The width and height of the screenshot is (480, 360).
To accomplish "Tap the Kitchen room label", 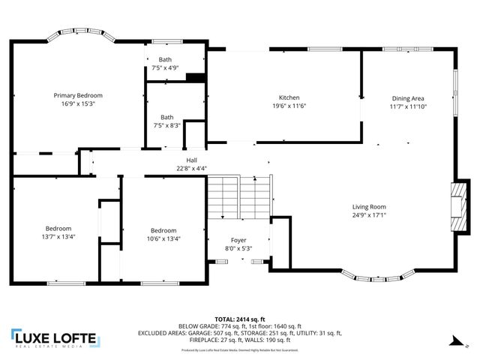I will (x=289, y=98).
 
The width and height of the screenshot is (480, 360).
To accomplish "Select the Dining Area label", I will (x=408, y=98).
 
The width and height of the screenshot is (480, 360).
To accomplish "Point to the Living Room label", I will (x=369, y=207).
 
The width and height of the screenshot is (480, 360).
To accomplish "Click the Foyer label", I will (x=238, y=240).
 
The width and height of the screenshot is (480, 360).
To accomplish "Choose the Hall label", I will (x=191, y=160).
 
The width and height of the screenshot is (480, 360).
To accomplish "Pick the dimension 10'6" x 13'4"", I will (x=163, y=239).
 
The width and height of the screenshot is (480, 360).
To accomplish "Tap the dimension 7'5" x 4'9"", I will (x=163, y=67).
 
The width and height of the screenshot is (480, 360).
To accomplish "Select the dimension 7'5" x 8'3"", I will (x=163, y=125).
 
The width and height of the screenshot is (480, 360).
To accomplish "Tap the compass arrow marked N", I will (x=451, y=341).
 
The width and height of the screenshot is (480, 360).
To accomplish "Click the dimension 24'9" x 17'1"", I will (x=369, y=215).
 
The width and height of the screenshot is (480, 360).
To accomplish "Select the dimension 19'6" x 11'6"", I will (x=289, y=106).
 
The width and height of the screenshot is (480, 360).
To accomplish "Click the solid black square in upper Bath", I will (x=195, y=77).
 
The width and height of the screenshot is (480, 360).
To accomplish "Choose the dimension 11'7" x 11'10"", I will (x=408, y=106).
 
